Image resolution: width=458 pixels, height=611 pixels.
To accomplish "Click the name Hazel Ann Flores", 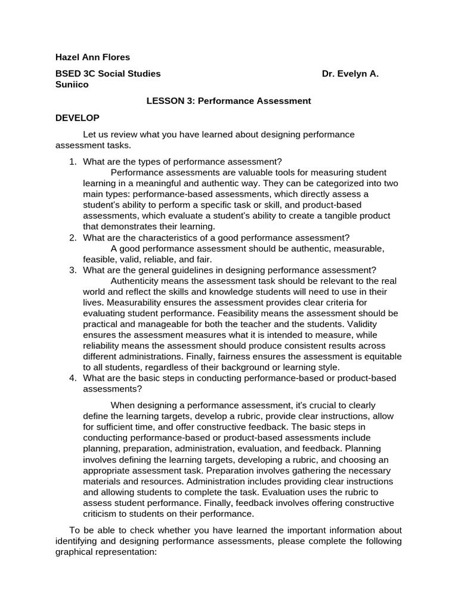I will coord(92,57).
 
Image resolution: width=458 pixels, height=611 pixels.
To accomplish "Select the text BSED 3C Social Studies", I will coord(108,74).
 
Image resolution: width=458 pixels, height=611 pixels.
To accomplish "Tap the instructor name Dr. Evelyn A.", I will coord(349,74).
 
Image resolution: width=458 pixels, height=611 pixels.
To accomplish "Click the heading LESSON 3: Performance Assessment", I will coord(228,101).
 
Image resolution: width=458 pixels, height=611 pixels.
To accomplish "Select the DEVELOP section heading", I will coord(78,118).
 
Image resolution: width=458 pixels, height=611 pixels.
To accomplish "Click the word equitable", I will coord(379,356).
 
